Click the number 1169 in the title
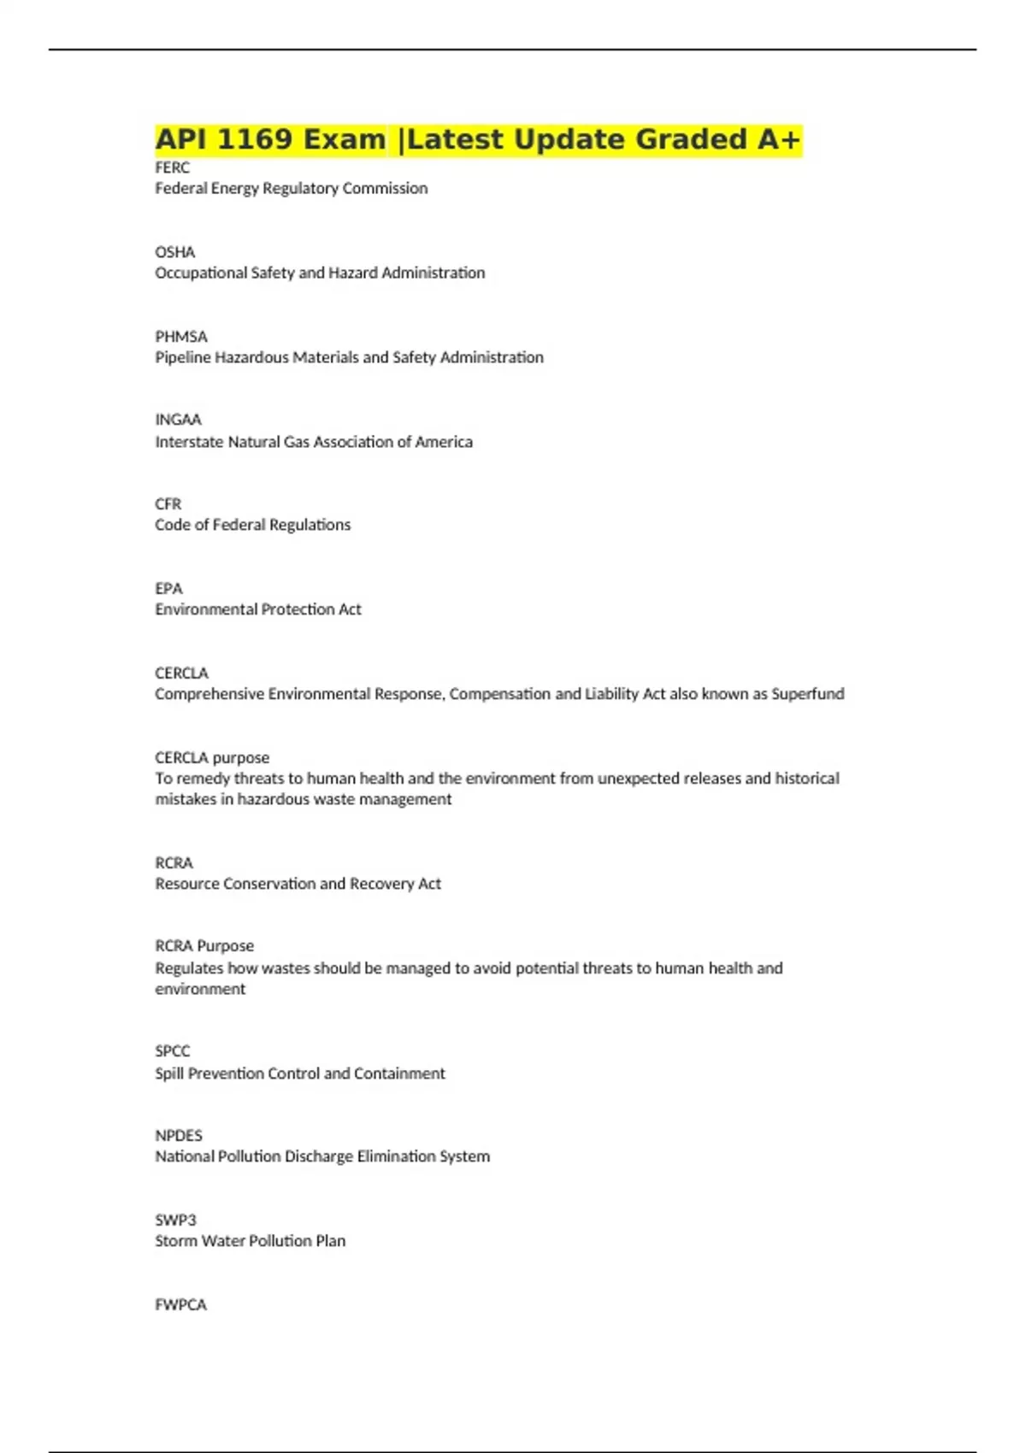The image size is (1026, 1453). point(255,139)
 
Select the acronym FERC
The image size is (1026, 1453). point(172,168)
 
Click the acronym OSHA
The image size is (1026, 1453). point(174,252)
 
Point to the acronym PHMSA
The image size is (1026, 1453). point(180,337)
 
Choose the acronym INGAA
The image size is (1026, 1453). point(178,420)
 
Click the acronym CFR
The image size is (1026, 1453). point(168,504)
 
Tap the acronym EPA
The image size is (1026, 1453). point(168,589)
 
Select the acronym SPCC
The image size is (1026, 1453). point(172,1051)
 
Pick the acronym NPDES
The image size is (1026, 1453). point(178,1136)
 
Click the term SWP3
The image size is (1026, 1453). point(175,1221)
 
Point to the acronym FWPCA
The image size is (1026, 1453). point(180,1305)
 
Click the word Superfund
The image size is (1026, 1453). point(807,694)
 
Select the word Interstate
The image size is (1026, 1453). point(189,442)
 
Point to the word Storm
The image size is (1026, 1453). point(175,1241)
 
